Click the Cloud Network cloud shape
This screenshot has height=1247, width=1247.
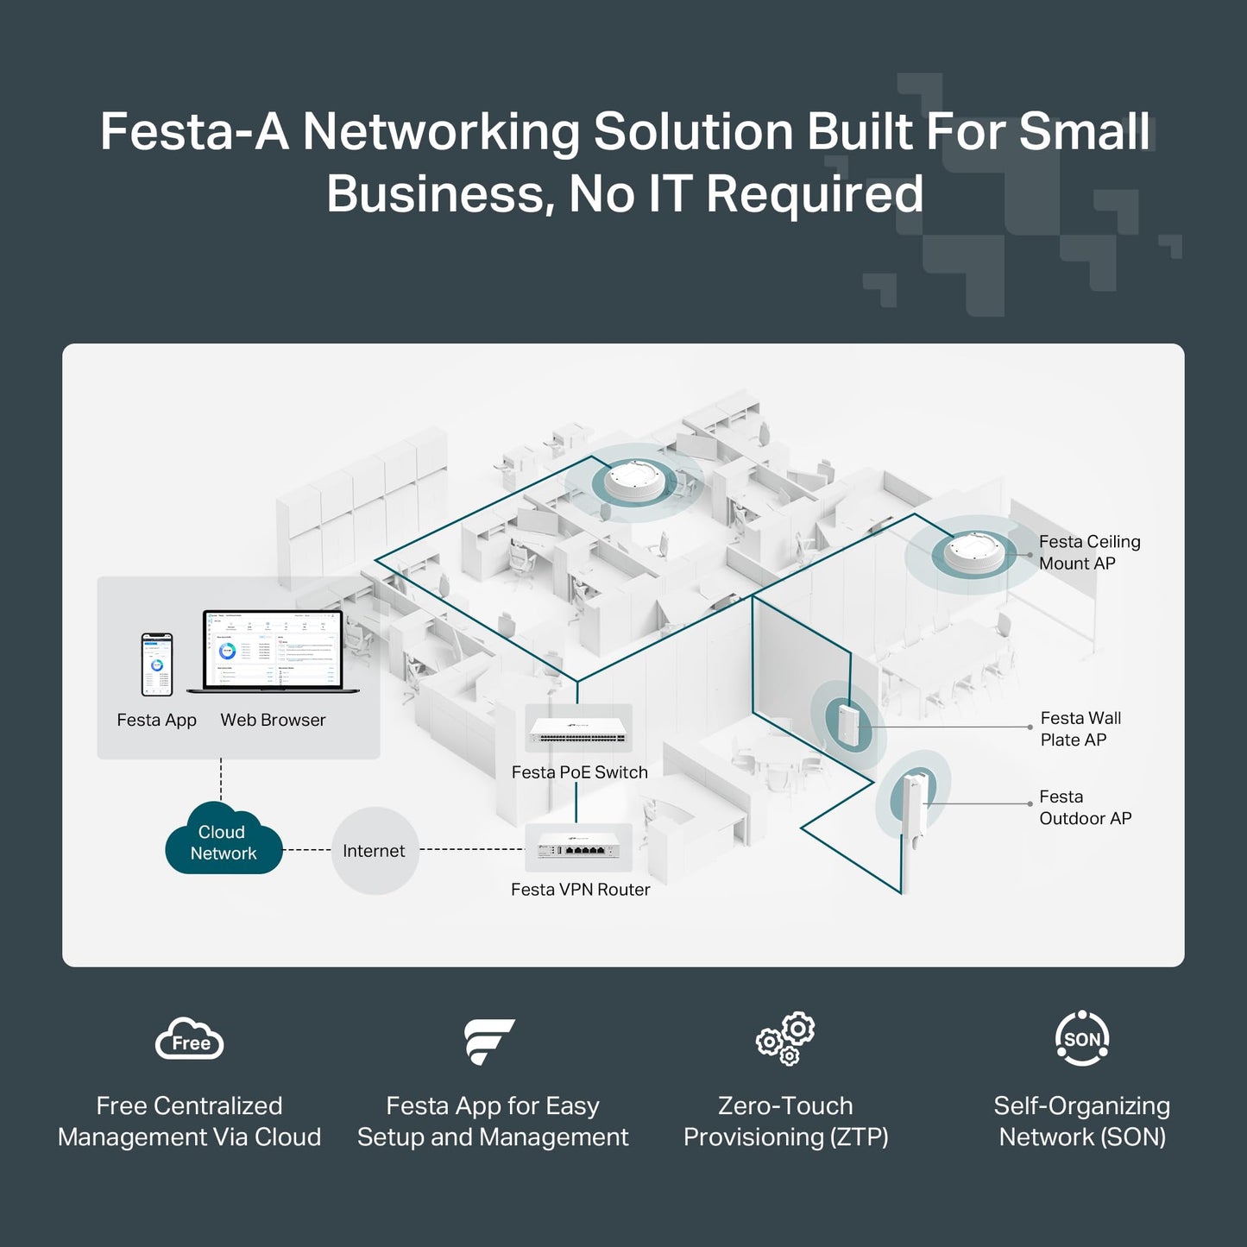click(224, 841)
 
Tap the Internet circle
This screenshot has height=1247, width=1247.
click(375, 851)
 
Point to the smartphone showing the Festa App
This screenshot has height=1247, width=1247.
click(157, 664)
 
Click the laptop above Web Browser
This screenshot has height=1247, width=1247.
click(273, 652)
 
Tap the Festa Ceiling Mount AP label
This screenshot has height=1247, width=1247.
click(1089, 552)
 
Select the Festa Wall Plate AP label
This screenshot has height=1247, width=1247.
click(1080, 729)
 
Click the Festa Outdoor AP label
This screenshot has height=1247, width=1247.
click(1085, 808)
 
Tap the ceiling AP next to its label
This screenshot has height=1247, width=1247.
click(974, 553)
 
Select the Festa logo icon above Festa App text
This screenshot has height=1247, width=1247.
click(488, 1041)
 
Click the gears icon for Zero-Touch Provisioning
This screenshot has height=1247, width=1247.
click(785, 1039)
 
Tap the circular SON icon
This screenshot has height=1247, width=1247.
click(1082, 1039)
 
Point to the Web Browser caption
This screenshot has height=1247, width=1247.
click(273, 720)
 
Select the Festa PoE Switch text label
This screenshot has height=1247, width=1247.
click(579, 772)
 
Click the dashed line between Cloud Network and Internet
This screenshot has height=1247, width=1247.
click(306, 850)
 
